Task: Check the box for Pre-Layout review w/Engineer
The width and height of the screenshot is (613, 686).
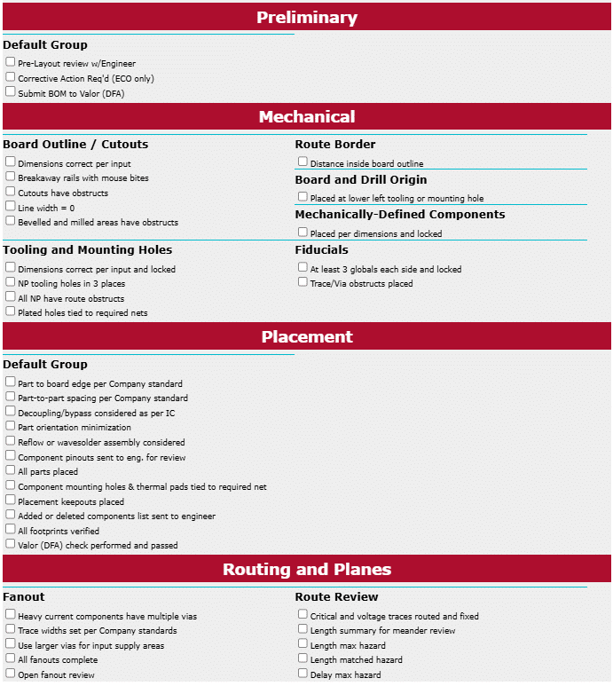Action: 11,62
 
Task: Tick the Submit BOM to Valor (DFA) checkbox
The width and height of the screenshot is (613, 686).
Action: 11,91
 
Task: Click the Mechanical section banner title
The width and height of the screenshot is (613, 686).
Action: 306,116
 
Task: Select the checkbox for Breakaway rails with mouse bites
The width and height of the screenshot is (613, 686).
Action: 11,177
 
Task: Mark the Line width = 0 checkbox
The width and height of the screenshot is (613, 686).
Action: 11,206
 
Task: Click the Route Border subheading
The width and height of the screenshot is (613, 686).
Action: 335,144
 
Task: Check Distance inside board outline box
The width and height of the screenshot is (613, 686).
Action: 303,162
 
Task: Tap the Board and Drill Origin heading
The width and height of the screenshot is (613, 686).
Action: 361,179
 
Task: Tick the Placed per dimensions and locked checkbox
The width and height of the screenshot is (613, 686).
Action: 303,232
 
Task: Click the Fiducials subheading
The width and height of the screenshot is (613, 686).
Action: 322,249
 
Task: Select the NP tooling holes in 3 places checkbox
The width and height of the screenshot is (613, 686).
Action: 11,282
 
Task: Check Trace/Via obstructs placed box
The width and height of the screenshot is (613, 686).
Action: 303,282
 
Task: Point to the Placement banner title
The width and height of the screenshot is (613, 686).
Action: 306,336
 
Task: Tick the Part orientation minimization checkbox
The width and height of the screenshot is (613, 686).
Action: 11,426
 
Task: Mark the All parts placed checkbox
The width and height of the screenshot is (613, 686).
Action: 11,470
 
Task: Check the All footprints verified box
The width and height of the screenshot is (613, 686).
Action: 11,530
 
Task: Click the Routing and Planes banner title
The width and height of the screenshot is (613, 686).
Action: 306,569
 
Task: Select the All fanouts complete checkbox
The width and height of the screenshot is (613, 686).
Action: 11,658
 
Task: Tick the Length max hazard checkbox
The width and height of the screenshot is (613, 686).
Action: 303,643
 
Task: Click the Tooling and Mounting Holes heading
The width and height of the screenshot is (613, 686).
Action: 88,249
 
